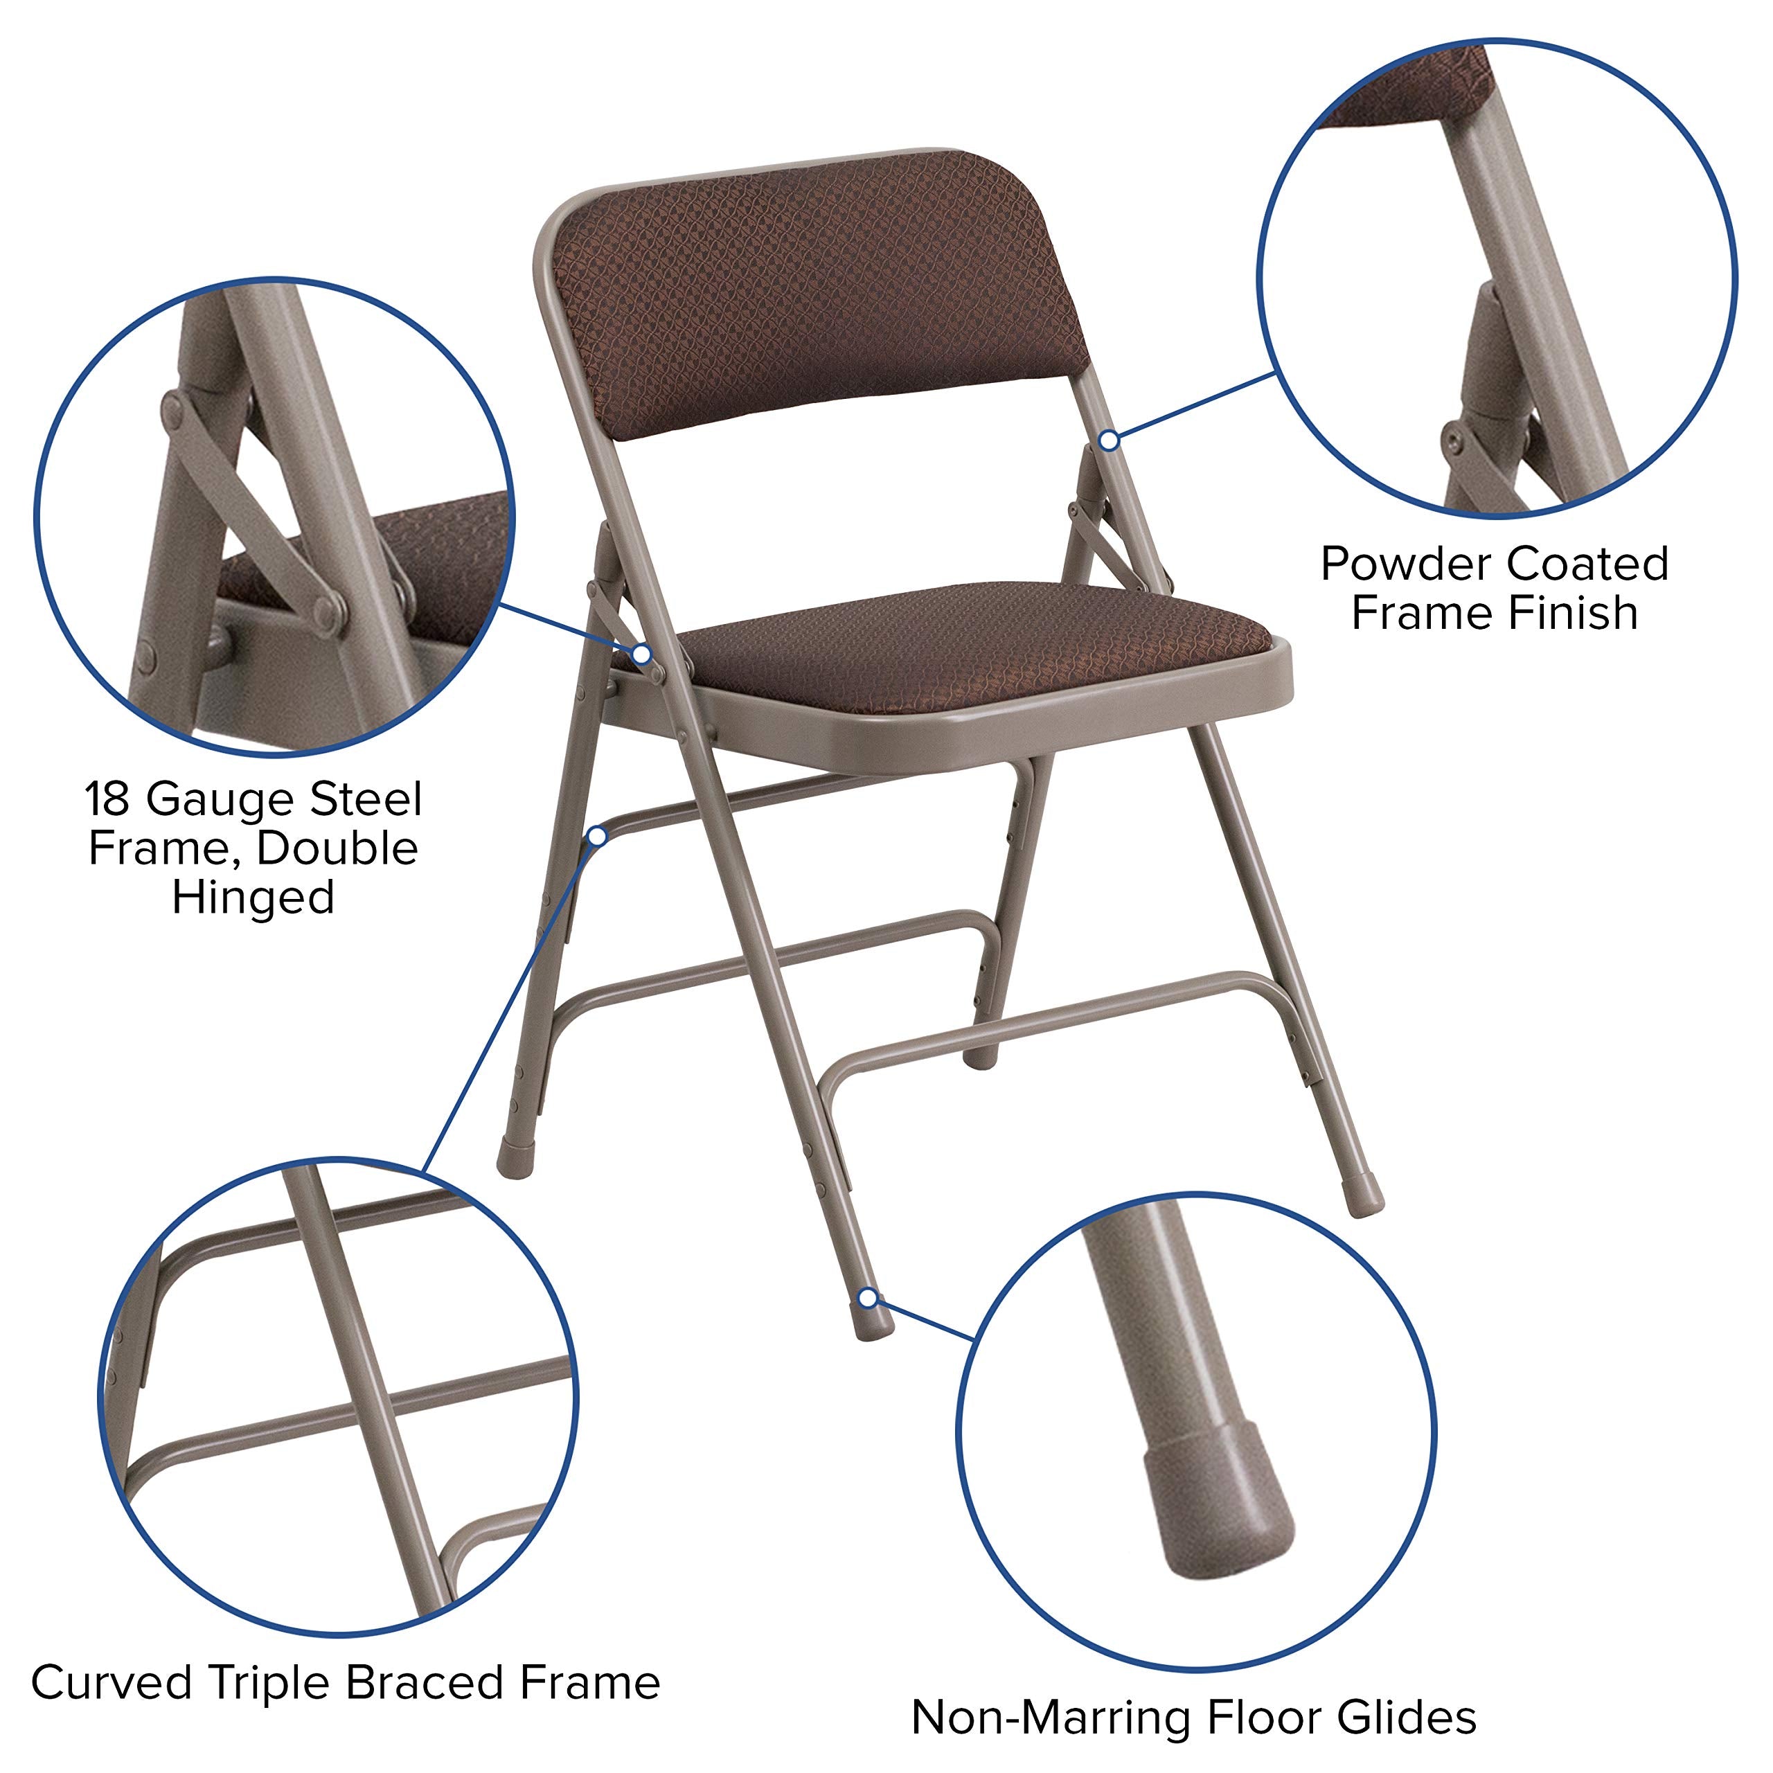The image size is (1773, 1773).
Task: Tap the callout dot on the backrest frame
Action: [x=1109, y=440]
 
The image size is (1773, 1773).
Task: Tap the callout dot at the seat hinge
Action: [x=643, y=654]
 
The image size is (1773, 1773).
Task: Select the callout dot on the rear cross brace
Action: [x=598, y=836]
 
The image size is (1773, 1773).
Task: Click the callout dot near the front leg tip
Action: [x=866, y=1298]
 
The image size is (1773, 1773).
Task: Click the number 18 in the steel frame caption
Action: [x=108, y=799]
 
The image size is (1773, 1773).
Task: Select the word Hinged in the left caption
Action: [x=253, y=898]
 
